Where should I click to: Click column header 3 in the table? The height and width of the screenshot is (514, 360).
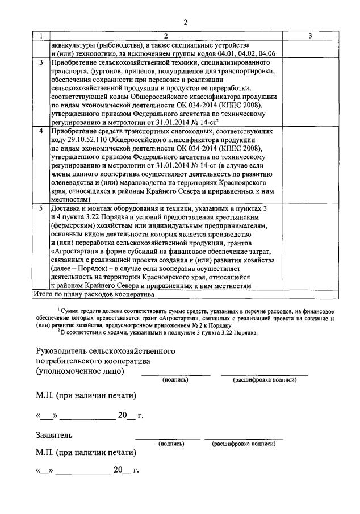[x=311, y=36]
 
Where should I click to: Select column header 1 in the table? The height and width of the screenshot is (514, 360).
[x=40, y=36]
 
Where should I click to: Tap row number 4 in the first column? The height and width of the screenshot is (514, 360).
[x=40, y=131]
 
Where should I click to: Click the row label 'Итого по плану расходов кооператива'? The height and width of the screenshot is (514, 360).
[x=94, y=294]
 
